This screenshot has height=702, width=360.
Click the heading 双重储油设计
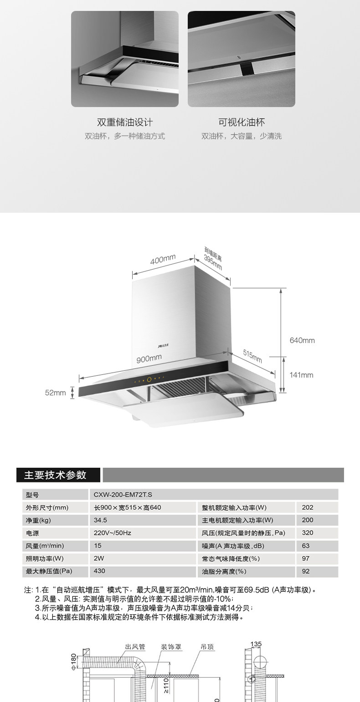(125, 122)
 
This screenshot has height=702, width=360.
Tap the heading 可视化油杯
(242, 122)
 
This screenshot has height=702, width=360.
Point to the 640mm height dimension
(302, 340)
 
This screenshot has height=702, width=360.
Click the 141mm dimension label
(302, 375)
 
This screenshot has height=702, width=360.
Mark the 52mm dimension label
(56, 392)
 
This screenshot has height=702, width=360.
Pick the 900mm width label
(149, 359)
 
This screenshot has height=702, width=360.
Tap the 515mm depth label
(252, 357)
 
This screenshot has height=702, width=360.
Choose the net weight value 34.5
(100, 520)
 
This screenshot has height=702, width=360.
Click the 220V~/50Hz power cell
(113, 533)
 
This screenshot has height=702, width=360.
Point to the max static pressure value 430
(99, 570)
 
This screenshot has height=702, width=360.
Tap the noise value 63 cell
(305, 545)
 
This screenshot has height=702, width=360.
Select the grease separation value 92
(305, 571)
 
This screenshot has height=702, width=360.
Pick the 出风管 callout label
(135, 646)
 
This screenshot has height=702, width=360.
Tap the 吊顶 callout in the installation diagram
(207, 646)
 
